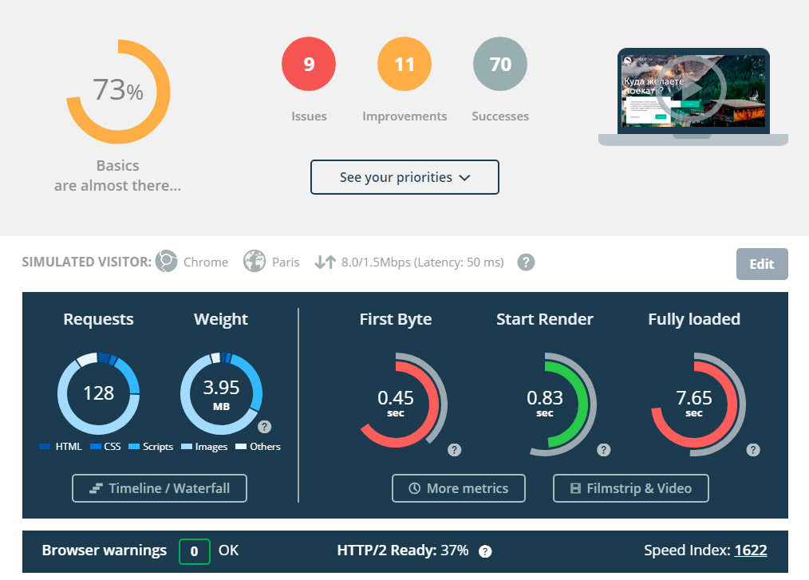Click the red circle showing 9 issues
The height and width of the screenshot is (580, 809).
pos(309,65)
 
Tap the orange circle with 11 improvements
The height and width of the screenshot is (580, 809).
pos(404,65)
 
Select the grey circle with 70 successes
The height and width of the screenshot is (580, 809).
pos(500,65)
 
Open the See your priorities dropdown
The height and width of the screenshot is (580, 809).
pos(404,177)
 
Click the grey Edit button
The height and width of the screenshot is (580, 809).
pos(762,264)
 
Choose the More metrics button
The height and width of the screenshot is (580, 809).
pos(459,488)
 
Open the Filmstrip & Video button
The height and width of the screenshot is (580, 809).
pos(631,488)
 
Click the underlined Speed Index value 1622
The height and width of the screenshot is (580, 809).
pos(750,550)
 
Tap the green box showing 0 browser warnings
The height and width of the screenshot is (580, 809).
pos(195,550)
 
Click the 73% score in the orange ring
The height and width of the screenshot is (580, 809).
pos(117,91)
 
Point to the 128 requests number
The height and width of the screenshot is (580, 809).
pos(99,393)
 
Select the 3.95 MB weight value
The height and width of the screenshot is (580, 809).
pos(221,389)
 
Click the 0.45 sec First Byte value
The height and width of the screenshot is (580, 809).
pos(396,397)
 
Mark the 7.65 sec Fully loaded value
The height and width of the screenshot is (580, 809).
pos(694,397)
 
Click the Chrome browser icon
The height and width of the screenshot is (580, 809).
pos(167,262)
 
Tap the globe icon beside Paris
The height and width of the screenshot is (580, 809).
pos(255,262)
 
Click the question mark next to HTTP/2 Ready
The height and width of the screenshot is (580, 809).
pos(485,551)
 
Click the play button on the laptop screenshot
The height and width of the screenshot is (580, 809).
pos(693,87)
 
